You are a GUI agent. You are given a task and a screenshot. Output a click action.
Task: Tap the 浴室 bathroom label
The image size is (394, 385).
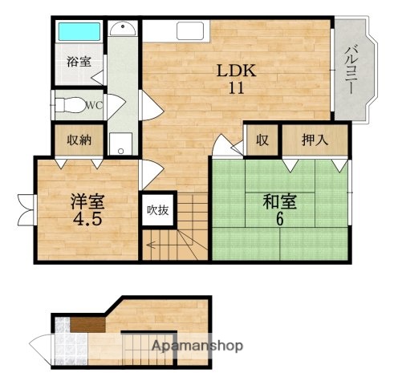77,60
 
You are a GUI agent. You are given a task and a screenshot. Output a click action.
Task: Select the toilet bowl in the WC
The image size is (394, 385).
71,103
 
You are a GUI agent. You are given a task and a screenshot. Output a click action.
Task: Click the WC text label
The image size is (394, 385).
95,103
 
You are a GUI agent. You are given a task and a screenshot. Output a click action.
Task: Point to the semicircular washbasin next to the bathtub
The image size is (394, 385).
123,30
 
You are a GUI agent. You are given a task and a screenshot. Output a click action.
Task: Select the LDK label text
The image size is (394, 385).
235,71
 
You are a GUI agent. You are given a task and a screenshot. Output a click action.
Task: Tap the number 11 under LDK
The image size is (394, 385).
235,88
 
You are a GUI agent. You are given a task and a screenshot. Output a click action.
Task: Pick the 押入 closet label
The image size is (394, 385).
314,140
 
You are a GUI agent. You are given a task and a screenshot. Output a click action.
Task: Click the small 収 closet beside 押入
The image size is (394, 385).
262,140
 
